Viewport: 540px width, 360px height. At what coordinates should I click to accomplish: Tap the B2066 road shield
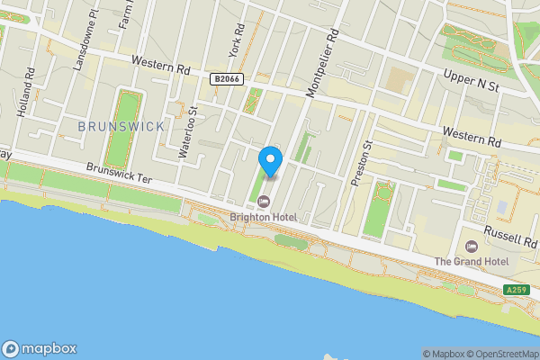227,80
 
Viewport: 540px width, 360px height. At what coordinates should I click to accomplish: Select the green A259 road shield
516,290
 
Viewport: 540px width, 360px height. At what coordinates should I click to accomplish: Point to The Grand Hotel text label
472,262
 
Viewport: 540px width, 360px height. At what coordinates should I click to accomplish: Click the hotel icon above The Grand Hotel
472,247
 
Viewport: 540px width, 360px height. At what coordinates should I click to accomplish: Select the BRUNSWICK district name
121,127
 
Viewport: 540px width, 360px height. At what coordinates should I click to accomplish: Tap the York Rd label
237,64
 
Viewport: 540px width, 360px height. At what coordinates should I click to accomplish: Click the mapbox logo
40,349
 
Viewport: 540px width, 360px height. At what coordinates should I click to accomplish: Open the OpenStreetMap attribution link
502,354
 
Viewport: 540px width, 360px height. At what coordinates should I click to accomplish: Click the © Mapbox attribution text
444,354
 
